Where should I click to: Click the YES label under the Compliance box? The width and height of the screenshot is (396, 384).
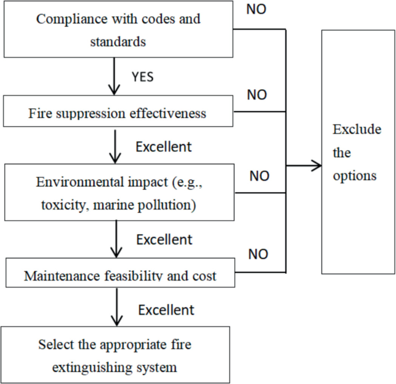click(x=143, y=76)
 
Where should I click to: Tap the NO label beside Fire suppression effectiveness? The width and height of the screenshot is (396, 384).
click(x=257, y=95)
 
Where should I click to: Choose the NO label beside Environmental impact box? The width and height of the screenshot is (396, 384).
click(x=260, y=176)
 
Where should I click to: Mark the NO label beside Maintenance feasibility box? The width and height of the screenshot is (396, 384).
click(x=258, y=253)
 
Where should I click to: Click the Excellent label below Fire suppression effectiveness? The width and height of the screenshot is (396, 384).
click(x=164, y=147)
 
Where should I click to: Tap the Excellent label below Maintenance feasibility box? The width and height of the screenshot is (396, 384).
click(x=166, y=310)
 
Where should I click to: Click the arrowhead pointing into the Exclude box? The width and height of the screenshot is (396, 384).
click(x=316, y=167)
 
